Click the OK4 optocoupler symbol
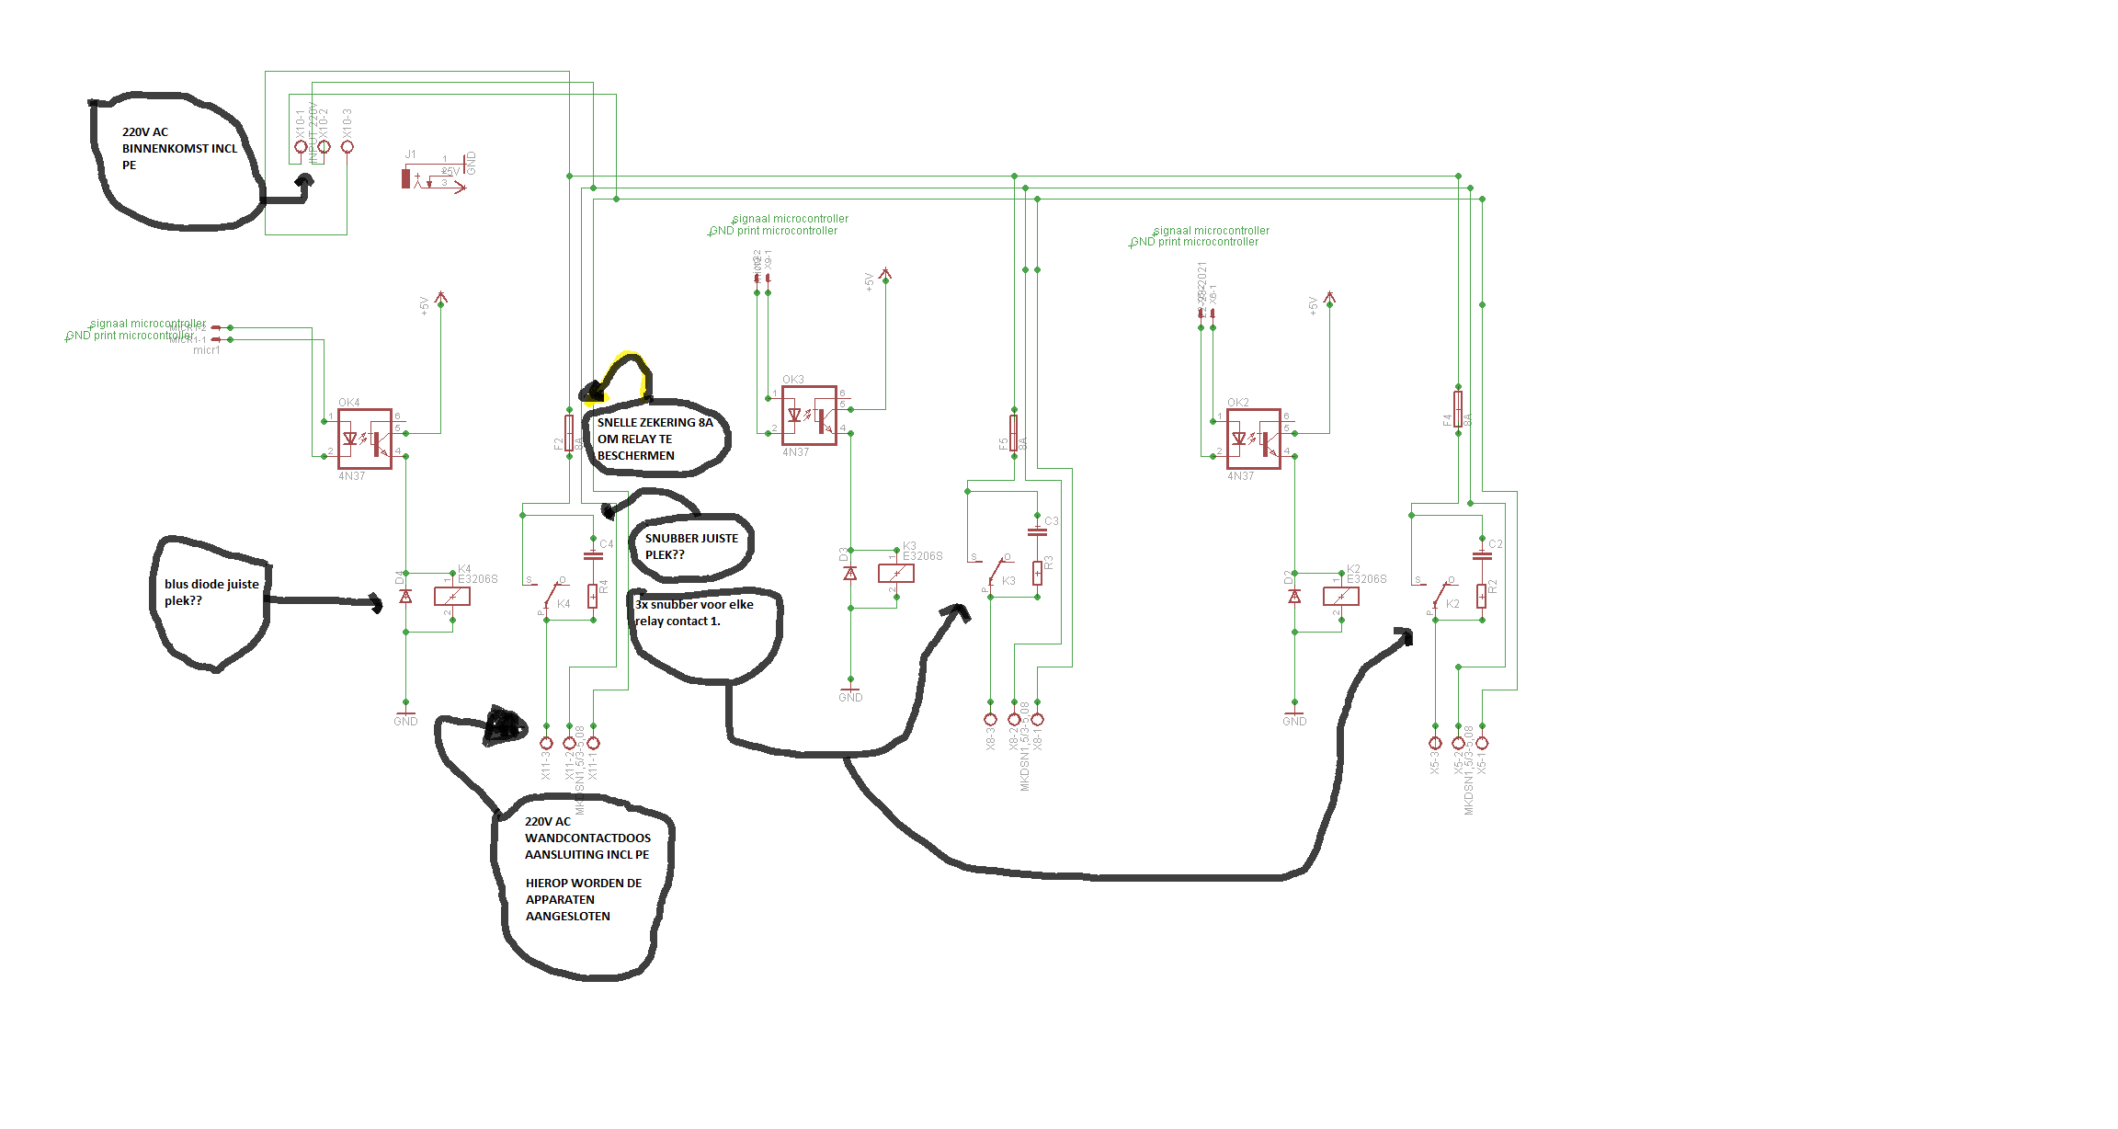point(364,439)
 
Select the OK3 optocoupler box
point(809,416)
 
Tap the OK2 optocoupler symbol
point(1253,439)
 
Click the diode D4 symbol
point(405,597)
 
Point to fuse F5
point(1013,433)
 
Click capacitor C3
point(1037,530)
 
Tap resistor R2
point(1482,596)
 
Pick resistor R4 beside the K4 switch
point(593,596)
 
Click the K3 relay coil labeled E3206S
point(896,573)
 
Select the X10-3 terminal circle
point(347,147)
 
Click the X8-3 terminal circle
point(990,720)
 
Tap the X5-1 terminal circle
point(1482,743)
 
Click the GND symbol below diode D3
point(850,690)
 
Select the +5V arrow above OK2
point(1329,298)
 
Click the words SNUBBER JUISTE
point(691,539)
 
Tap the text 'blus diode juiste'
point(211,585)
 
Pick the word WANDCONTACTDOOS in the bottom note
point(587,838)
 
